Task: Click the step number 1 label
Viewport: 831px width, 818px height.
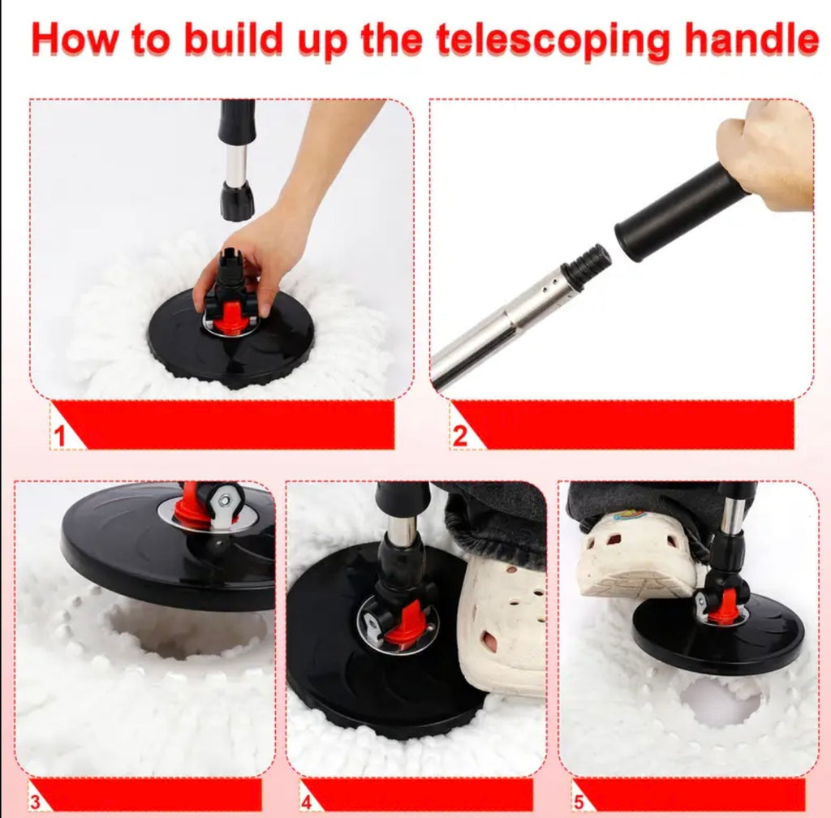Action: pos(59,436)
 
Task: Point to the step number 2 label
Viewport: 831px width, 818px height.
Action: pos(459,436)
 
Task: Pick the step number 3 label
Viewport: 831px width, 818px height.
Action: pos(35,801)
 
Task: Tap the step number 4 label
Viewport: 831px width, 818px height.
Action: pos(306,802)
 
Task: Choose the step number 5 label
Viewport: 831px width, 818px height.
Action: pos(579,802)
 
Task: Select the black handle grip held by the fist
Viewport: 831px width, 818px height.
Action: pos(681,213)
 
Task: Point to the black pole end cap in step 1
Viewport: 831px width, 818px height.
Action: pos(237,200)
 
